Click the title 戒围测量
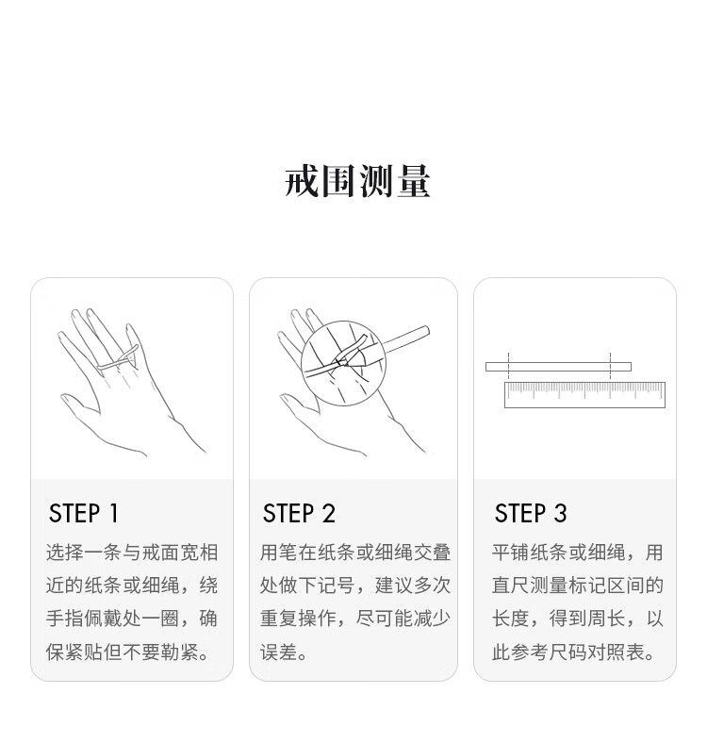pos(357,180)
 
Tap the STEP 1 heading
pos(83,513)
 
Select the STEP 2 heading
pos(299,513)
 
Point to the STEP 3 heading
pos(530,513)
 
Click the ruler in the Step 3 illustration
pos(584,395)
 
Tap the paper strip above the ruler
pos(558,366)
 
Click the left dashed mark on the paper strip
pos(508,365)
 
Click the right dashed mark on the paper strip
pos(610,365)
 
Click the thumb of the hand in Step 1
pos(79,405)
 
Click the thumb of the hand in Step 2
pos(299,405)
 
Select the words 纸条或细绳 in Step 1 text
pos(132,586)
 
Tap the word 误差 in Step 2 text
pos(279,652)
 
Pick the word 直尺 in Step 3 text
pos(511,586)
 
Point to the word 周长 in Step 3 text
pos(606,619)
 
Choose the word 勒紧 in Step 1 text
pos(180,652)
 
